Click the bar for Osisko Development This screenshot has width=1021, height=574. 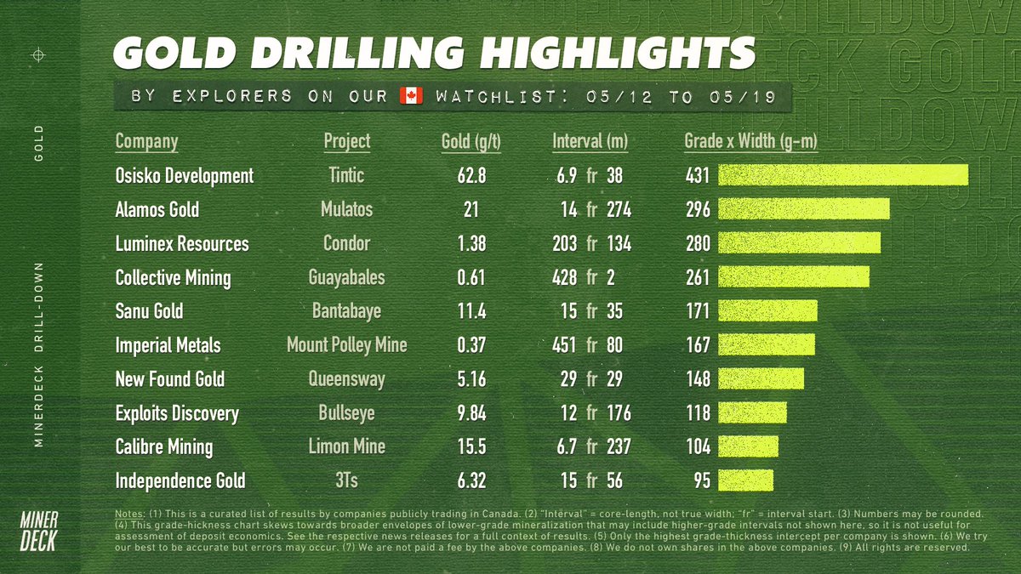coord(843,175)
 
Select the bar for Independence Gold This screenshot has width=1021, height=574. coord(746,480)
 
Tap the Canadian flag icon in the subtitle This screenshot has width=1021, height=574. coord(412,96)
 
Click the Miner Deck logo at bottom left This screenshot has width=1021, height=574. coord(39,532)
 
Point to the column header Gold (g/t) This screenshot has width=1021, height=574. coord(471,141)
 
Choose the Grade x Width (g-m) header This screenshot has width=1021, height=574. coord(750,141)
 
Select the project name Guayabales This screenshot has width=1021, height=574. coord(346,277)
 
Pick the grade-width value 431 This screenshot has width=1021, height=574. coord(698,175)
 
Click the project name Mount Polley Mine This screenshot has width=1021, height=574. coord(346,344)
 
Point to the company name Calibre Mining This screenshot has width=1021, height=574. coord(164,446)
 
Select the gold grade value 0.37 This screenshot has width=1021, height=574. coord(471,344)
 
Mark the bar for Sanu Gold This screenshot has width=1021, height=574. coord(768,311)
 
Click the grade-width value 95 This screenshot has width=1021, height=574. coord(702,480)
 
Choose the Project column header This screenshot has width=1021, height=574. coord(346,141)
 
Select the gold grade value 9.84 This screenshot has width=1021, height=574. coord(471,412)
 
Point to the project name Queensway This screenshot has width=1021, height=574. coord(346,378)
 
